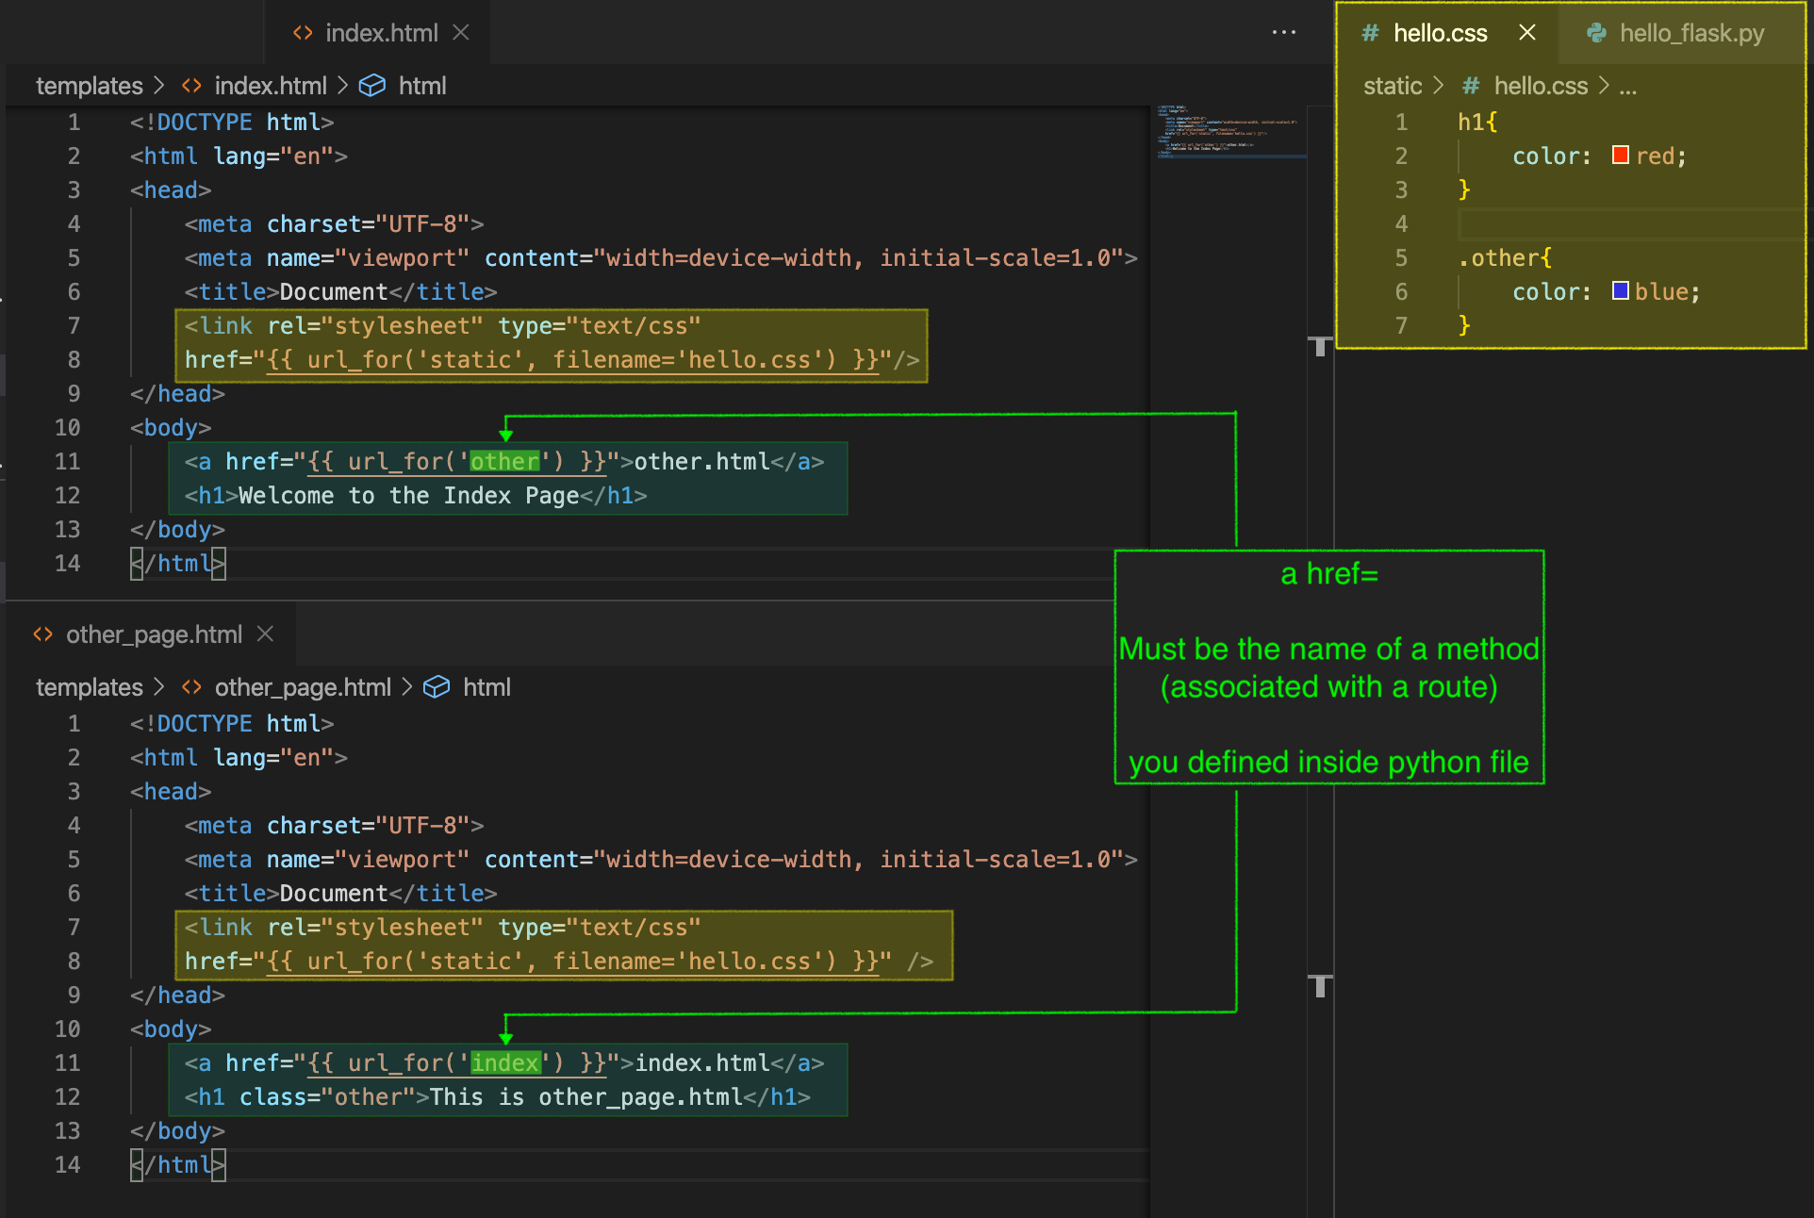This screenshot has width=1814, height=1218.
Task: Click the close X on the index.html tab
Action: coord(461,33)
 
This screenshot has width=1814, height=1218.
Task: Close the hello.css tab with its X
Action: coord(1527,33)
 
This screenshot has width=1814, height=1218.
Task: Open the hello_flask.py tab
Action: coord(1677,34)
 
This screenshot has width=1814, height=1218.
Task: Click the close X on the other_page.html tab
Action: coord(266,634)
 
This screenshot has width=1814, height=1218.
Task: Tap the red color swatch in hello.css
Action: coord(1620,156)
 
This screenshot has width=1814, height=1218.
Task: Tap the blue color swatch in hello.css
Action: coord(1620,291)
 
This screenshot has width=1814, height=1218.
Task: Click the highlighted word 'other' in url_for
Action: coord(504,462)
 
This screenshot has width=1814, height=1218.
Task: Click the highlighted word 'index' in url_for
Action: coord(505,1063)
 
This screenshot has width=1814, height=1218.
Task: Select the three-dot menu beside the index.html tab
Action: coord(1283,33)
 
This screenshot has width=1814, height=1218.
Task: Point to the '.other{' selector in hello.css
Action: coord(1504,258)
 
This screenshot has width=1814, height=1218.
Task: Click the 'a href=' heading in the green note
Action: coord(1328,574)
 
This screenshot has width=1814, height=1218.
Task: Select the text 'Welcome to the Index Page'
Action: coord(408,496)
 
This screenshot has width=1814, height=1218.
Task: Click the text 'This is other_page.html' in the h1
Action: coord(585,1097)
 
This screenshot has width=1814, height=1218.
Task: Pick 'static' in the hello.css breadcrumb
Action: coord(1392,86)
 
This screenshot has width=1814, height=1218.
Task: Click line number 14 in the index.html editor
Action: coord(67,564)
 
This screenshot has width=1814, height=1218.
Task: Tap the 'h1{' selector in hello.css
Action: coord(1476,123)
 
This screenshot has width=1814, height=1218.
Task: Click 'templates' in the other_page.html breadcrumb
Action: coord(89,687)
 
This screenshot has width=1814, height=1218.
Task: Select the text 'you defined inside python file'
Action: coord(1328,763)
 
